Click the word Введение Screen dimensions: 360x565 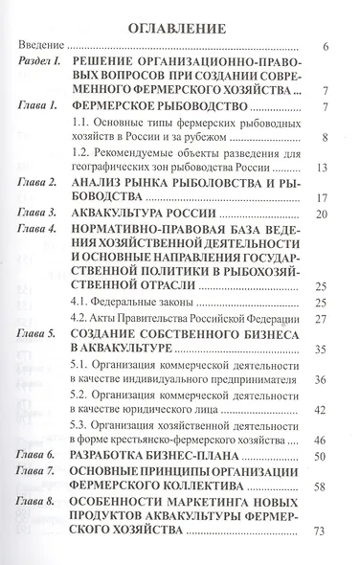tap(42, 47)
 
